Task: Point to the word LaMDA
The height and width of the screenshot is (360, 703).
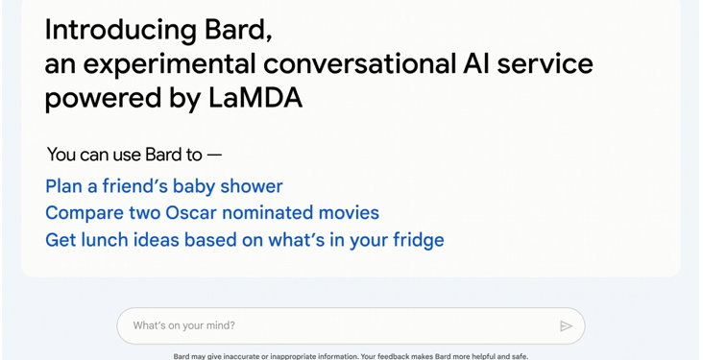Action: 255,98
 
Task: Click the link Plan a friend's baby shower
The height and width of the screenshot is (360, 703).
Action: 164,186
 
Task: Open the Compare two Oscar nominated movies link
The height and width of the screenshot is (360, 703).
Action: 212,212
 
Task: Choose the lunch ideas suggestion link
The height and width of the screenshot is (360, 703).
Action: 245,239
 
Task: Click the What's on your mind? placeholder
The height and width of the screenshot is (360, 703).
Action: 183,325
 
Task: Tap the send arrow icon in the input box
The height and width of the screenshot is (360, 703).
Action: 566,326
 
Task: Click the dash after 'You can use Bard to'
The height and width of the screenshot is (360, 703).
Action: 214,155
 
